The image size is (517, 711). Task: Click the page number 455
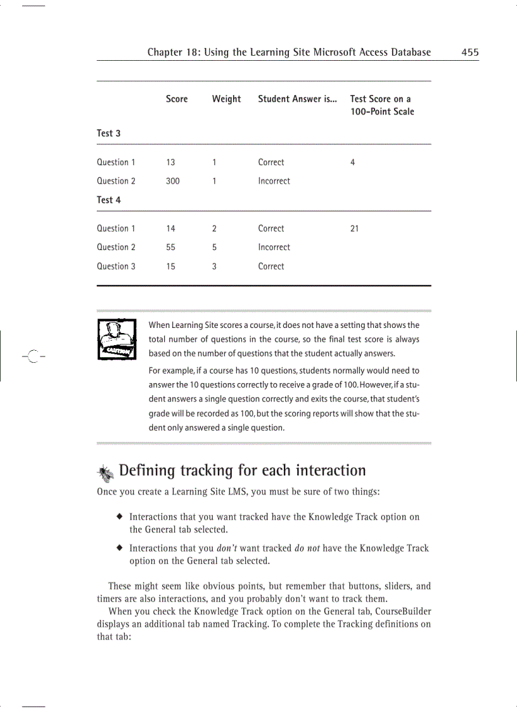click(470, 53)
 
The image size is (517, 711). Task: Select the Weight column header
click(226, 99)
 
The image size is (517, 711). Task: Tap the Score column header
click(177, 99)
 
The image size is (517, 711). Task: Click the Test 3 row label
click(108, 133)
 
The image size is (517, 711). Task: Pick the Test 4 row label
click(108, 199)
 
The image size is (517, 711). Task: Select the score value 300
click(172, 181)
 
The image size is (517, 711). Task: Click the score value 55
click(170, 248)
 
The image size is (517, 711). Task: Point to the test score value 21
click(354, 229)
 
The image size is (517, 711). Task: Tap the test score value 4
click(352, 162)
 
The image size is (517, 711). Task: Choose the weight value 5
click(214, 248)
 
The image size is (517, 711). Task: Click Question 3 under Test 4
click(116, 267)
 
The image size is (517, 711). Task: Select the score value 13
click(170, 162)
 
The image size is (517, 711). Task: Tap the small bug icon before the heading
click(105, 472)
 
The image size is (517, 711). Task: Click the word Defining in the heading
click(147, 470)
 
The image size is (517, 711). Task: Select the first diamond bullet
click(118, 517)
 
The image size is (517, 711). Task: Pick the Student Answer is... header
click(297, 99)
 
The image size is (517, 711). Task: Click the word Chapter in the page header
click(166, 53)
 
